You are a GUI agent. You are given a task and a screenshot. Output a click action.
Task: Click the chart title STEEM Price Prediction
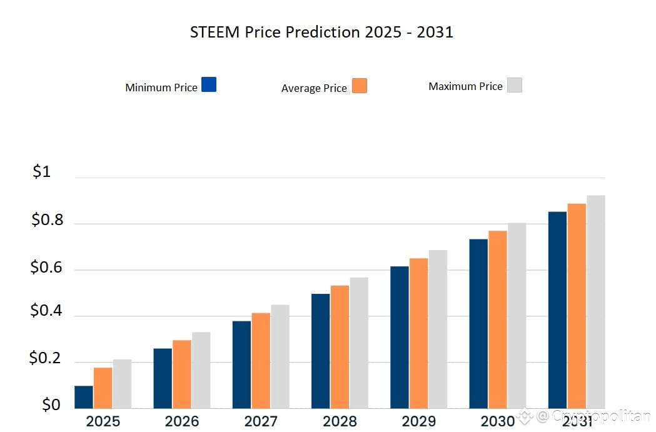321,33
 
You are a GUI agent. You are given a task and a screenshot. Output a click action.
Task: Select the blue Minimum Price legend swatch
209,84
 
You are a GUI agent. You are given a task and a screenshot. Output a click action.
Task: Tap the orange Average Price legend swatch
360,86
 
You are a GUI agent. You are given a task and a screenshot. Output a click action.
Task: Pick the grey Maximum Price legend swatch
515,85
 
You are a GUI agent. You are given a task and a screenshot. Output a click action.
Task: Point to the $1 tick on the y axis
41,172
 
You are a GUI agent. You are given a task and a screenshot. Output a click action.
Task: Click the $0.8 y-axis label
48,220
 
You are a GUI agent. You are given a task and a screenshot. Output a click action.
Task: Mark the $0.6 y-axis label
47,268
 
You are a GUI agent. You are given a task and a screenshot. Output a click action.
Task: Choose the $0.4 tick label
47,311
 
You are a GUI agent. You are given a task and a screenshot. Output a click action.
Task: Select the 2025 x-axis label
103,421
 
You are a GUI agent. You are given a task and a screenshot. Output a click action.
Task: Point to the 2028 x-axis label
340,421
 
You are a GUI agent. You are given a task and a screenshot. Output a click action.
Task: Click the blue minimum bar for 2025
84,397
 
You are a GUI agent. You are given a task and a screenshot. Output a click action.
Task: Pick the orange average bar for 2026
182,374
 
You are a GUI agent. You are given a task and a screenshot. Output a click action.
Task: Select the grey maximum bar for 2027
280,356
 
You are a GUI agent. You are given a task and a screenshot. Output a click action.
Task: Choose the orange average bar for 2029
418,333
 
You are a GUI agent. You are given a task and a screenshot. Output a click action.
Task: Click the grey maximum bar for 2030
517,316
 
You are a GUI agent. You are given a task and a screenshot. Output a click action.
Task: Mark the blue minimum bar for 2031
557,310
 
